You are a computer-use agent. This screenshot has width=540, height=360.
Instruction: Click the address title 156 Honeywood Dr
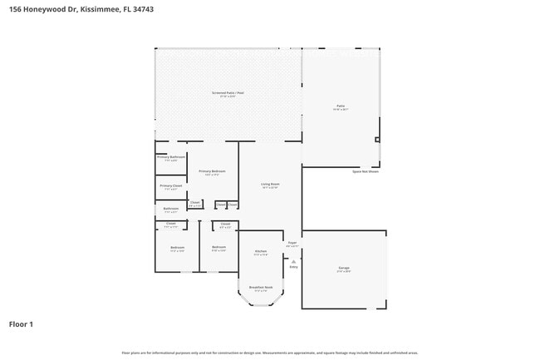(x=81, y=9)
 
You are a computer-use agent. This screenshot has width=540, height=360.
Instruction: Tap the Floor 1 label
(x=21, y=323)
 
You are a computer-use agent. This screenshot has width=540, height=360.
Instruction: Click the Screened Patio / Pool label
(x=228, y=92)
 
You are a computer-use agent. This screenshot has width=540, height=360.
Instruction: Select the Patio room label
(x=341, y=106)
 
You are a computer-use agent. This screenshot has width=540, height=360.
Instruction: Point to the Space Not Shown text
(x=365, y=171)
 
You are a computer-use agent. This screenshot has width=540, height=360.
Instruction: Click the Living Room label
(x=270, y=184)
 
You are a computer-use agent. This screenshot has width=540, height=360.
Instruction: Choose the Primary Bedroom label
(x=213, y=171)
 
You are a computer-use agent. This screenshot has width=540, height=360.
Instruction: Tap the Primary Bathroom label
(x=171, y=156)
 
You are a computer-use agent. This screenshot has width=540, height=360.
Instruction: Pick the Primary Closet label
(x=171, y=185)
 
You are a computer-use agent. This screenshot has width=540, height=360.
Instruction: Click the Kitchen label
(x=260, y=251)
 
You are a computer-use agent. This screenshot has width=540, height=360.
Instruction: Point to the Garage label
(x=343, y=268)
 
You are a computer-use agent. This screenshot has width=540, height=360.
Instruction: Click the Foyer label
(x=292, y=244)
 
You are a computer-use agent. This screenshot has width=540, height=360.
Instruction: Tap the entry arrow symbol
(x=293, y=260)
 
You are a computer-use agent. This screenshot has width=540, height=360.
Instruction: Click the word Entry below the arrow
(x=293, y=267)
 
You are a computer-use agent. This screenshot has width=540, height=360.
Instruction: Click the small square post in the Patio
(x=377, y=140)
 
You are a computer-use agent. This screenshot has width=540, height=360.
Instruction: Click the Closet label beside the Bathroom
(x=194, y=202)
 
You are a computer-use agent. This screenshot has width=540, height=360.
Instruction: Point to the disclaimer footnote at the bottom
(x=269, y=353)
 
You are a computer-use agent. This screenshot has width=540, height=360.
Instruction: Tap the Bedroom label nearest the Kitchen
(x=218, y=247)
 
